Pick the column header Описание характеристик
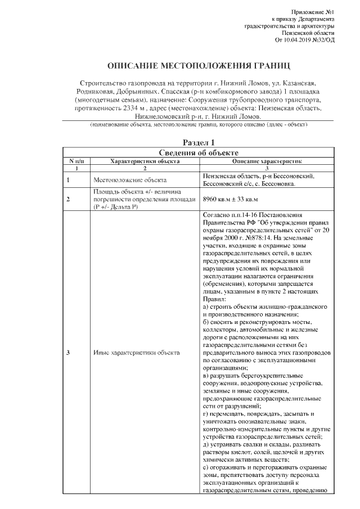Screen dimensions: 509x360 click(x=267, y=160)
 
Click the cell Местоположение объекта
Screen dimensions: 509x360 click(x=130, y=180)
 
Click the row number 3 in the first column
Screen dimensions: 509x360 click(x=68, y=353)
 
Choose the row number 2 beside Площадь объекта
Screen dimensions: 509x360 click(x=68, y=199)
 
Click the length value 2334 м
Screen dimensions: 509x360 click(x=132, y=107)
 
